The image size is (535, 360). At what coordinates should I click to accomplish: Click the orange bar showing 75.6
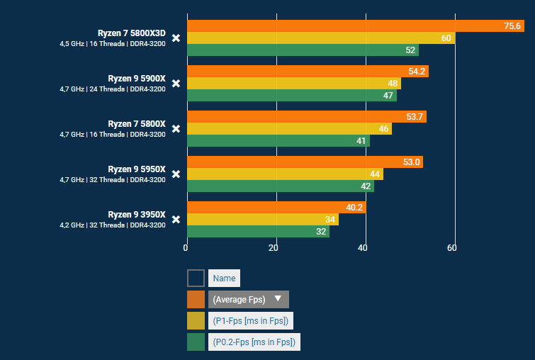354,26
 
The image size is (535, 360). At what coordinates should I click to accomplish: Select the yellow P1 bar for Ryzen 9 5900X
293,84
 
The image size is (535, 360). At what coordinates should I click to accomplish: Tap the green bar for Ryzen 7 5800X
278,141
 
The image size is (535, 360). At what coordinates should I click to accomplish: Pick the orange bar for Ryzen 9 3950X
276,208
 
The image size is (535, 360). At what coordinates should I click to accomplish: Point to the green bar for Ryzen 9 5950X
280,186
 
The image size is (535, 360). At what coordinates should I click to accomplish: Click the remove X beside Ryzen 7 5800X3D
176,38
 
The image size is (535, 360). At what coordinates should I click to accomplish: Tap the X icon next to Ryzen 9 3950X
176,219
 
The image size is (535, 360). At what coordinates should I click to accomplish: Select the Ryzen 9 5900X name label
136,78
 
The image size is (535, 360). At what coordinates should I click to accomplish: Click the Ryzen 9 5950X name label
136,169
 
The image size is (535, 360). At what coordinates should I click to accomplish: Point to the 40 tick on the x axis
364,247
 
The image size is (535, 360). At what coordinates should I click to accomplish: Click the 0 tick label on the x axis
186,247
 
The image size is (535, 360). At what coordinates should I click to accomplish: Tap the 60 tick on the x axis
452,247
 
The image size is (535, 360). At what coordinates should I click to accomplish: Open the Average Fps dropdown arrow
278,298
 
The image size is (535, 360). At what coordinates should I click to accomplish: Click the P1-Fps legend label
251,320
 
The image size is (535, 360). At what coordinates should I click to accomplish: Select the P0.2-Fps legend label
254,342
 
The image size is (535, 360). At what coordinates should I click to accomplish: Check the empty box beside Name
196,278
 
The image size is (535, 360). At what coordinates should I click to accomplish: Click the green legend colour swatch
196,342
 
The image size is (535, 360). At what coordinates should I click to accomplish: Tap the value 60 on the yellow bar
446,38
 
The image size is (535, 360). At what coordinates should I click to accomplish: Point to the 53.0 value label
411,162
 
